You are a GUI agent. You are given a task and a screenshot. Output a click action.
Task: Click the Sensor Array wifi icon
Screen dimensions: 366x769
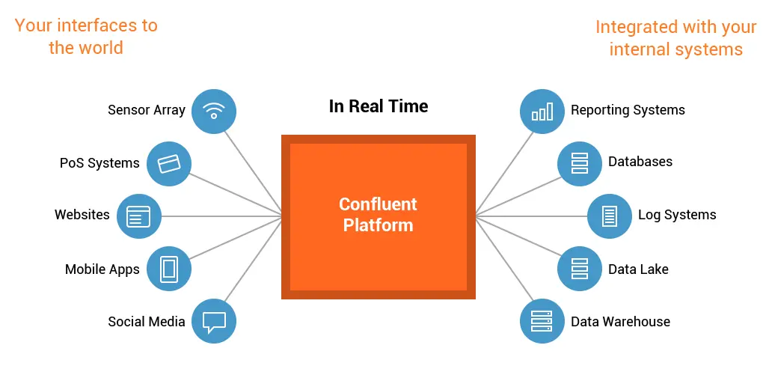pos(214,111)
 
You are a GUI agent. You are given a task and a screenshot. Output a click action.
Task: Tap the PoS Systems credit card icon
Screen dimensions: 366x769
pos(169,163)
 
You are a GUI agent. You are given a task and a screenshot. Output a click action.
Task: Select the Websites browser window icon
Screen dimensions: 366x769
pos(139,216)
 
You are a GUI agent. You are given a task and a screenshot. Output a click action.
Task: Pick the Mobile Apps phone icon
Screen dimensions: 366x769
pos(169,269)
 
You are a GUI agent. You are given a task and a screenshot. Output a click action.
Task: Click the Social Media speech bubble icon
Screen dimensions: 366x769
pos(214,321)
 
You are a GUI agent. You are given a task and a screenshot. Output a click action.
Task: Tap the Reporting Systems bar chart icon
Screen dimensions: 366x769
pos(542,111)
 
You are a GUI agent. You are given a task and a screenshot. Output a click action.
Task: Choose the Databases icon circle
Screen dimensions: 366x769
pos(580,163)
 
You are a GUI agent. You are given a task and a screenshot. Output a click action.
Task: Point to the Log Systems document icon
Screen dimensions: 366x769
pos(610,216)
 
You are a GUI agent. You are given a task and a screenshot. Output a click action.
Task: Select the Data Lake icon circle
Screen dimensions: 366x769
pos(580,269)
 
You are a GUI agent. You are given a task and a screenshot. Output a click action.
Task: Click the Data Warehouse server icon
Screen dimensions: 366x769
pos(542,321)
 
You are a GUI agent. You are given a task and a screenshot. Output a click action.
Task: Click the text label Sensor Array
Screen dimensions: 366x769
pos(147,110)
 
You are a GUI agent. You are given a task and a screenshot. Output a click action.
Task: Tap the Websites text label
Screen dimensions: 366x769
pos(82,215)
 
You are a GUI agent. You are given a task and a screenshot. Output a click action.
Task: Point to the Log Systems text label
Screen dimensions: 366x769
pos(677,216)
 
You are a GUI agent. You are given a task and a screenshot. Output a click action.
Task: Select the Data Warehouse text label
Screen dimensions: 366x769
pos(620,322)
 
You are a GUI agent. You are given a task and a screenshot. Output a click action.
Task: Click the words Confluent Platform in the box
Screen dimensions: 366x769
pos(378,214)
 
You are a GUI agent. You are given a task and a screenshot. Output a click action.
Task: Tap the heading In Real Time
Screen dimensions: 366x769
pos(379,106)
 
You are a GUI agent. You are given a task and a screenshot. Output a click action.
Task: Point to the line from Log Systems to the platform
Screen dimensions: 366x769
pos(531,216)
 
